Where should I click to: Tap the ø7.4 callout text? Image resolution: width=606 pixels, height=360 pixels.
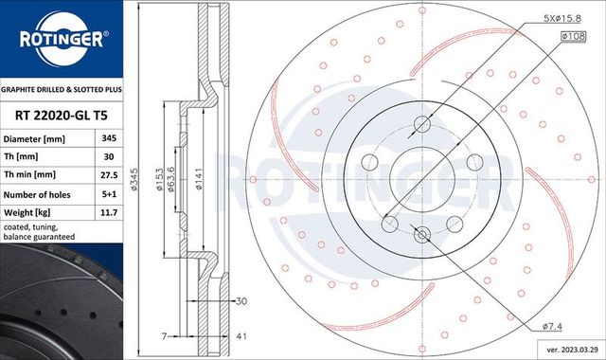click(554, 326)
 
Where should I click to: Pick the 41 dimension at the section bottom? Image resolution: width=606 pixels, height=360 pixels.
click(242, 336)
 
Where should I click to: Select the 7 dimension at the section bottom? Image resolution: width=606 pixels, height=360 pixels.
click(163, 336)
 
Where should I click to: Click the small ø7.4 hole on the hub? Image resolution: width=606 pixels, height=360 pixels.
click(422, 235)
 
